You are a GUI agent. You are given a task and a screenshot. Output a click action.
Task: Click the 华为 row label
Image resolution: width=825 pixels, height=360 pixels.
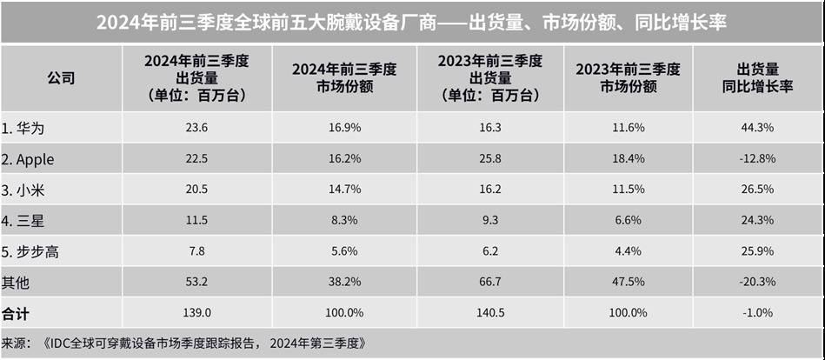click(23, 129)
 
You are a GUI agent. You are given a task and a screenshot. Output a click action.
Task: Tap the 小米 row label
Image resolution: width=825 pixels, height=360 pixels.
click(23, 190)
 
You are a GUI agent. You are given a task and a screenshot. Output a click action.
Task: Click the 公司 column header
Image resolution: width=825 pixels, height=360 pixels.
click(61, 78)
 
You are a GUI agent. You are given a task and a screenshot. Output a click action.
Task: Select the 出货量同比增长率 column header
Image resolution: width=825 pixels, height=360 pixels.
click(757, 78)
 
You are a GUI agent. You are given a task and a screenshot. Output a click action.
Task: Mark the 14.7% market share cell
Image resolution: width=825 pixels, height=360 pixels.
click(343, 190)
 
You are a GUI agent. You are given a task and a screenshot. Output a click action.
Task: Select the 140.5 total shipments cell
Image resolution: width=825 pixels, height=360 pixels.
click(489, 313)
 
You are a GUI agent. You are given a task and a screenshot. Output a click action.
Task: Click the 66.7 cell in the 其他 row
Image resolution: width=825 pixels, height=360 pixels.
click(489, 283)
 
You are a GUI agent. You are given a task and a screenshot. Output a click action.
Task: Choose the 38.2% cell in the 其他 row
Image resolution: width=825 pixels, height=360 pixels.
click(343, 283)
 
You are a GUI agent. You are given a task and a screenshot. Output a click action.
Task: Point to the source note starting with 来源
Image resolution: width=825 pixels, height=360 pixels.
click(183, 343)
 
